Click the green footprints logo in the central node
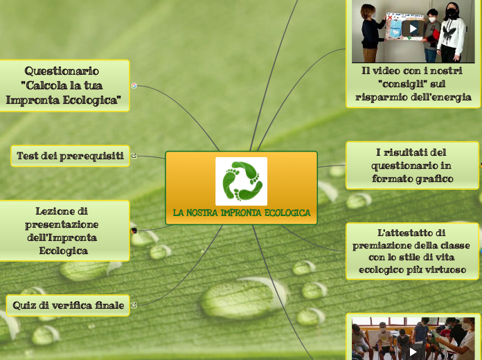(241, 181)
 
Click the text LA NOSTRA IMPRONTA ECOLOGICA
(241, 213)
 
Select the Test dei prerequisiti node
(70, 156)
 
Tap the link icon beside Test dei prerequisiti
(134, 156)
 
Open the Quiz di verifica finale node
(68, 305)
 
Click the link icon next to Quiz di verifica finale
(134, 305)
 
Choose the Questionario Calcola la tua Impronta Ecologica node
(66, 85)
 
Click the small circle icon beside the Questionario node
(134, 86)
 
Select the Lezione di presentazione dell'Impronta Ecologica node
(62, 230)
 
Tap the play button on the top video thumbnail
(413, 28)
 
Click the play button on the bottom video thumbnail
(413, 351)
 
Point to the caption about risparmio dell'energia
(413, 84)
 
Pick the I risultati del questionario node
(412, 165)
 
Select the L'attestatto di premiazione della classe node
(412, 251)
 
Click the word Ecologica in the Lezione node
(63, 251)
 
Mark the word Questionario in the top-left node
(62, 71)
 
